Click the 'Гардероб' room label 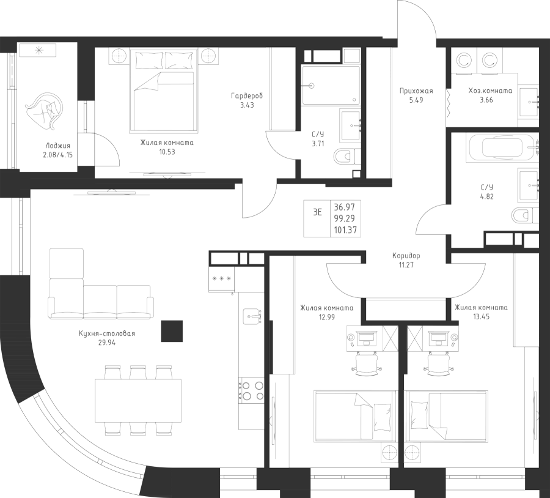[247, 96]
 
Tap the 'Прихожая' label [416, 91]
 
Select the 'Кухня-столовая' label [107, 333]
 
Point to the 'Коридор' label [406, 256]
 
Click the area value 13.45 [482, 317]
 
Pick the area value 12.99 [326, 317]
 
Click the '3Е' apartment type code [317, 212]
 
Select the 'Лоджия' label [57, 146]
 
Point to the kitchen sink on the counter [252, 315]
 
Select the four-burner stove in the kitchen [251, 390]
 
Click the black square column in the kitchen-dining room [172, 331]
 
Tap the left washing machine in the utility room [464, 61]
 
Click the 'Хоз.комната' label [490, 91]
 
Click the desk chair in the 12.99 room [366, 364]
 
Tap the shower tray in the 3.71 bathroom [331, 85]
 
